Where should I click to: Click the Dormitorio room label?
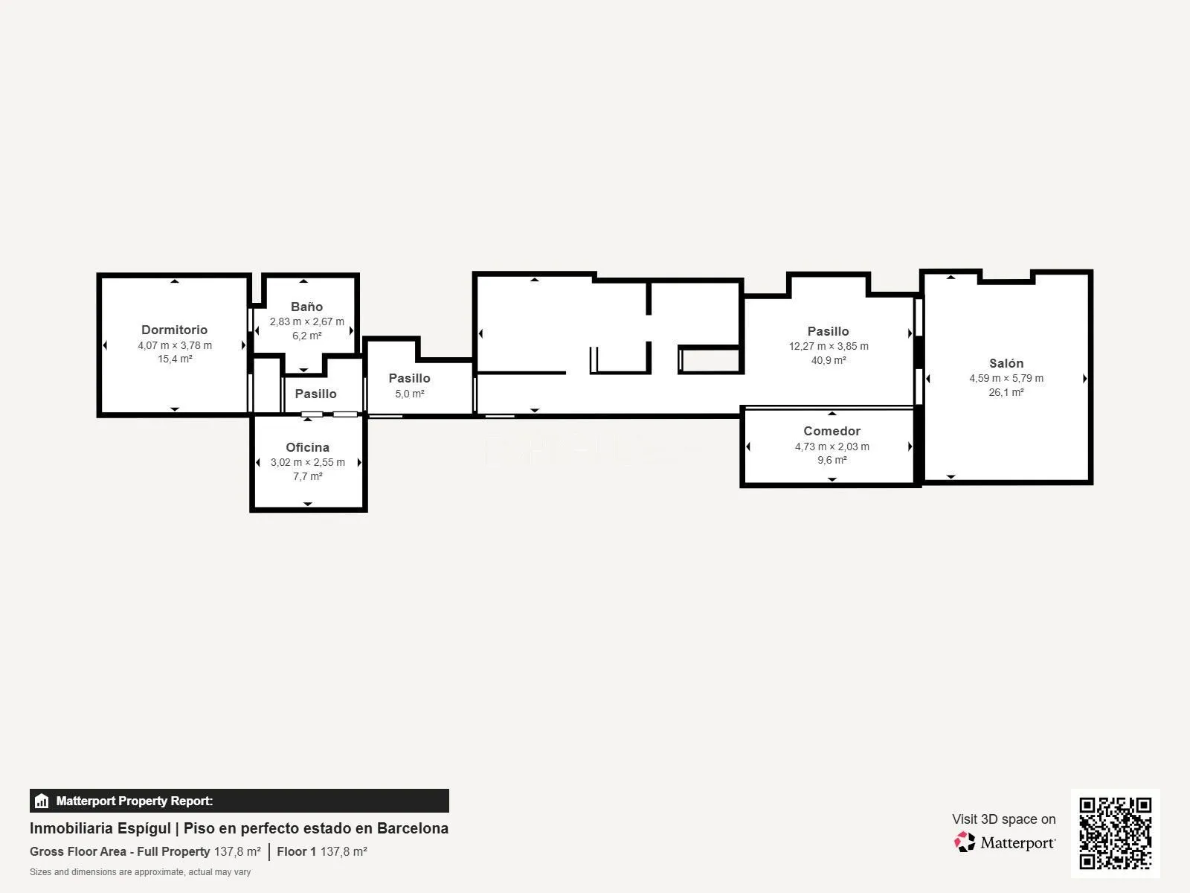click(x=174, y=330)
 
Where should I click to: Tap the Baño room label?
click(x=307, y=307)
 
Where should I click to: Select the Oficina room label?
click(x=307, y=447)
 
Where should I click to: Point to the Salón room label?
click(x=1006, y=363)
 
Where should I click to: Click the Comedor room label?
click(x=832, y=431)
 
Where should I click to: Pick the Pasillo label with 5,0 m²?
click(x=409, y=379)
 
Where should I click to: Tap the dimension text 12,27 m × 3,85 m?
click(x=829, y=346)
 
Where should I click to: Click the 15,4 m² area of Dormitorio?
click(x=175, y=359)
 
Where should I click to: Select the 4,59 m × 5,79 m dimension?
click(x=1006, y=378)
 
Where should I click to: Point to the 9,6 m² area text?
click(x=832, y=460)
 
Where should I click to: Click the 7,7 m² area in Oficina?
click(x=307, y=476)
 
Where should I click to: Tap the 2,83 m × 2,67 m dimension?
click(x=307, y=321)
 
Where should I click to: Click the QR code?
click(x=1115, y=833)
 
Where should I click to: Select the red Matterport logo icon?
click(x=965, y=842)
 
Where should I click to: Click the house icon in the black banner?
click(x=42, y=801)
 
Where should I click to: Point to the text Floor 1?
click(x=297, y=851)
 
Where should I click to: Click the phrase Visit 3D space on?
click(x=1004, y=819)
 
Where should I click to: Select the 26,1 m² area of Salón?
click(x=1006, y=392)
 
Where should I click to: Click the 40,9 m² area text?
click(x=829, y=360)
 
